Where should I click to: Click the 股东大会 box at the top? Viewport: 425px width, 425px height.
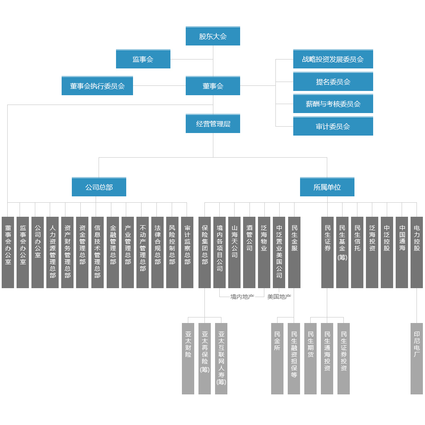213,36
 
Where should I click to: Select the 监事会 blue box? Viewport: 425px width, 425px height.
143,59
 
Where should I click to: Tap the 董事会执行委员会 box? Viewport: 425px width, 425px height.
97,86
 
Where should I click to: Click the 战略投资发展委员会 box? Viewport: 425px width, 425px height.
333,59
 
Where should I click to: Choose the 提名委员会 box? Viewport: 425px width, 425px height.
333,82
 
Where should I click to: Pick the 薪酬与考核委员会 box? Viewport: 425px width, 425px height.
333,104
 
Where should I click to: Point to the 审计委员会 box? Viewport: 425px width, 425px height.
333,126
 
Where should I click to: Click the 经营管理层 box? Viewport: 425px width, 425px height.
213,124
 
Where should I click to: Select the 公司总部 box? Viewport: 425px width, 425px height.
99,187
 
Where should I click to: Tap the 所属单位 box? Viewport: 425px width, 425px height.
327,187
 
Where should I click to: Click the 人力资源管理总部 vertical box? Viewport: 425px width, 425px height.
53,252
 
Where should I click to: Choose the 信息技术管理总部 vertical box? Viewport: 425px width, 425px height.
97,252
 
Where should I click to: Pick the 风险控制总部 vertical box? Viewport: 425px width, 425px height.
172,252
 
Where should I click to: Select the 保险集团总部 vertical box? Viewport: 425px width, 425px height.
205,252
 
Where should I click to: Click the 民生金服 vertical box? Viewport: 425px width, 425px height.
294,252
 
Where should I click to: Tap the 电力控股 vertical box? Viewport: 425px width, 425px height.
416,252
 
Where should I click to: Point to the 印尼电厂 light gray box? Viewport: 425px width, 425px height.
416,358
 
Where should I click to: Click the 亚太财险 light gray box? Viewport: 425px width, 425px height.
188,358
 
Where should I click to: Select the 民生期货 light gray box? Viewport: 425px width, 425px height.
311,358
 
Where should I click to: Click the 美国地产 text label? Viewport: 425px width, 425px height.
279,297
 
